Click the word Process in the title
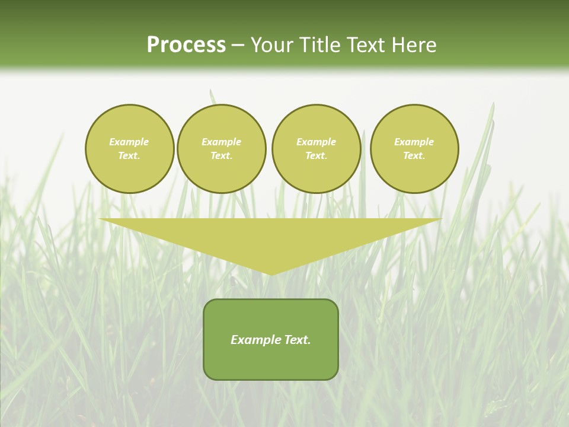point(186,45)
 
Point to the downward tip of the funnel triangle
point(271,273)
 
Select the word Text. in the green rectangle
point(296,340)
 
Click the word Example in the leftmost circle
point(129,142)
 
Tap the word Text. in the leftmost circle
point(129,155)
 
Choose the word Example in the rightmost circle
point(414,142)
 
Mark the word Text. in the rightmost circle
point(414,155)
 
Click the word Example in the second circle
point(222,142)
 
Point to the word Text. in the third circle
point(317,155)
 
